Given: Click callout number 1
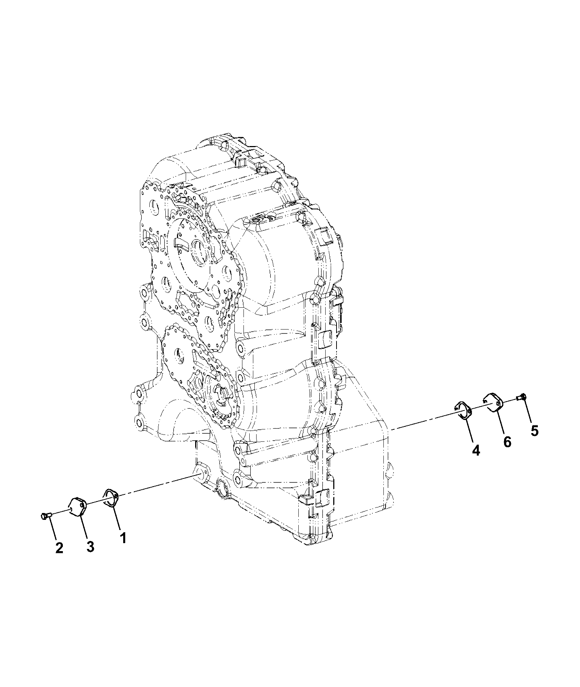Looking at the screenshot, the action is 123,538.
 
